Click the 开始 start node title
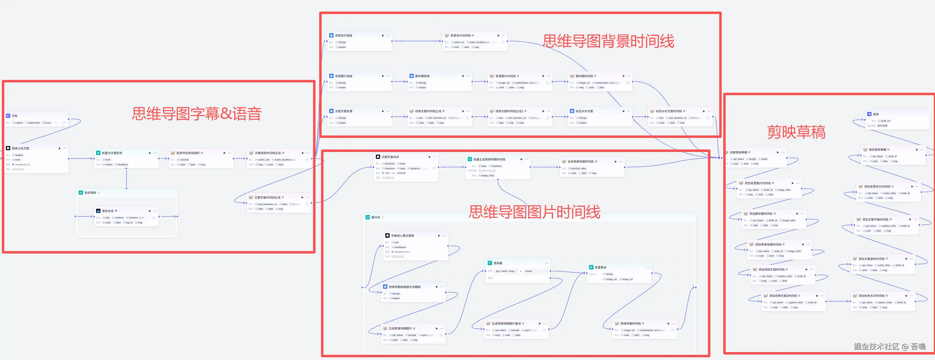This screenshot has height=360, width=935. pos(15,116)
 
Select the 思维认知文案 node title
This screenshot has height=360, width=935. pos(20,149)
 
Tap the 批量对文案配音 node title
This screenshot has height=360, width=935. pos(112,153)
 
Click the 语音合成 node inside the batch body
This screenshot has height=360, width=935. pos(107,211)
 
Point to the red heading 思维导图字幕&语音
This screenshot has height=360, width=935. pos(196,113)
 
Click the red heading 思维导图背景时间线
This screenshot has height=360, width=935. pos(608,41)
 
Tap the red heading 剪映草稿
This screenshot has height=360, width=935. pos(796,132)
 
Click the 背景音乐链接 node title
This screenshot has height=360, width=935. pos(343,36)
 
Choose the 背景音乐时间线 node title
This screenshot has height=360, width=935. pos(460,36)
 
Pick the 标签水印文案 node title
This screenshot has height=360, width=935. pos(584,111)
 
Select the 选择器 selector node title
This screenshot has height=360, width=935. pos(498,263)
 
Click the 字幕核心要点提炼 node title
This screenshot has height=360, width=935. pos(402,236)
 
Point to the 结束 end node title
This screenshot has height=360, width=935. pos(875,114)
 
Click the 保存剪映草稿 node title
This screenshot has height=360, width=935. pos(877,149)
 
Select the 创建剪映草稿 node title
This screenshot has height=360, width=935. pos(738,153)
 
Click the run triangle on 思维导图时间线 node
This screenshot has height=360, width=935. pos(668,323)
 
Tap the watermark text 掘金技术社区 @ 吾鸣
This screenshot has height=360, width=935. pos(889,347)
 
